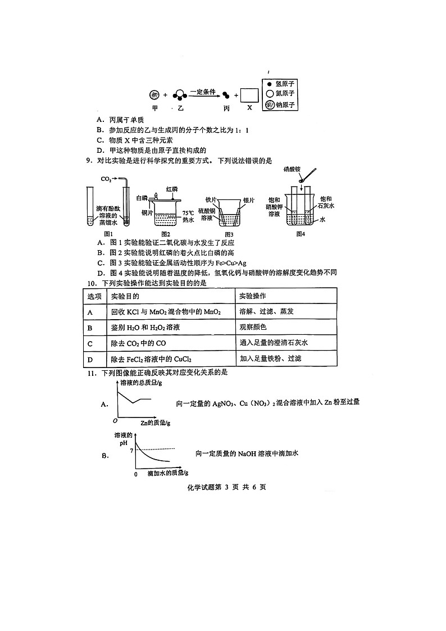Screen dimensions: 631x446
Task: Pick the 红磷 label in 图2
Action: point(172,189)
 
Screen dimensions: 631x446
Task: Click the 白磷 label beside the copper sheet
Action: point(142,198)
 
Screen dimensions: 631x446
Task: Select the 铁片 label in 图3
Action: point(211,199)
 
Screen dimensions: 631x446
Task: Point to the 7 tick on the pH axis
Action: point(131,451)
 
